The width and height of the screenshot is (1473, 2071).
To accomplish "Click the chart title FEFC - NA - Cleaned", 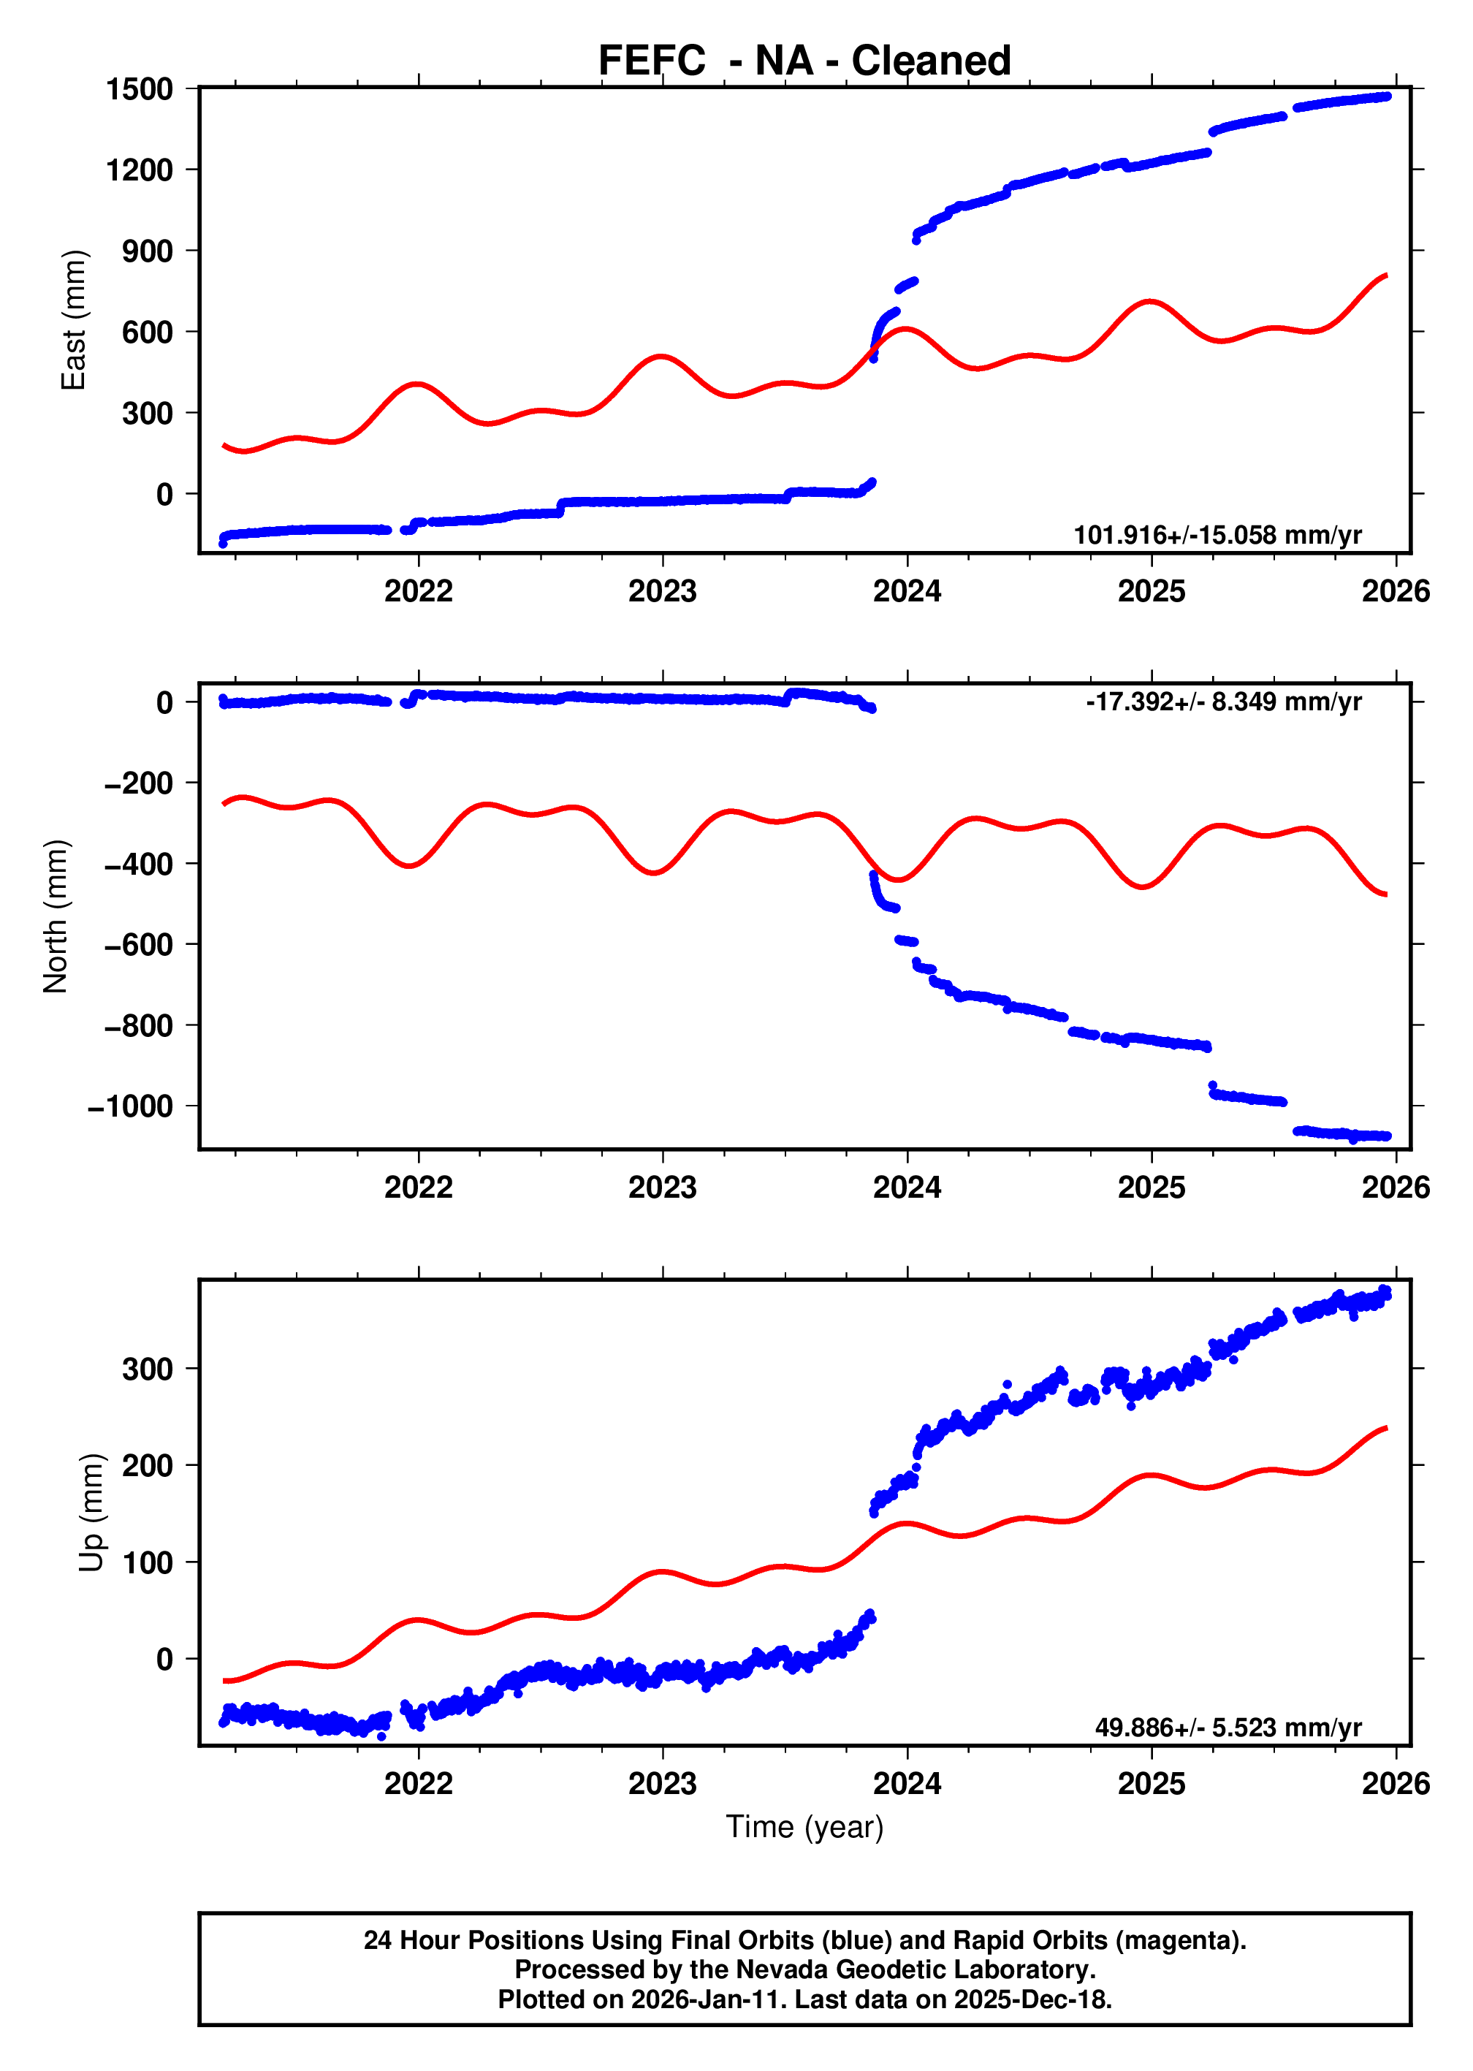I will [x=804, y=61].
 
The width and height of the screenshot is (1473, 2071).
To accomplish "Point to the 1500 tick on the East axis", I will [x=139, y=89].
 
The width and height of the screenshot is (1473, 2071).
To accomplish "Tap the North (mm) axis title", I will [x=56, y=916].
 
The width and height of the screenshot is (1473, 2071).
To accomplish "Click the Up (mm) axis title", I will [x=91, y=1512].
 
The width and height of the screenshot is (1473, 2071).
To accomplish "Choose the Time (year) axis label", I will [x=804, y=1826].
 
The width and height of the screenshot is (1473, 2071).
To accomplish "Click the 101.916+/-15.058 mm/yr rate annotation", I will [x=1217, y=535].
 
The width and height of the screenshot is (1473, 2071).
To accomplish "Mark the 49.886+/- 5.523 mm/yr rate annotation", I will [x=1227, y=1728].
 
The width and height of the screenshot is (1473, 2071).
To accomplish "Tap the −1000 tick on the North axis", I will [x=130, y=1106].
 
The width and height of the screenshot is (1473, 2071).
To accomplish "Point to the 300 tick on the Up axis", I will [x=147, y=1369].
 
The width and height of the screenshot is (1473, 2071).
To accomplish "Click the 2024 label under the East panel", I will [x=906, y=591].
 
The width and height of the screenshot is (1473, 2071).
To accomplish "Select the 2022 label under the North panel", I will [x=418, y=1187].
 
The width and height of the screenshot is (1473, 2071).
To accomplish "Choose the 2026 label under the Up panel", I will [x=1395, y=1783].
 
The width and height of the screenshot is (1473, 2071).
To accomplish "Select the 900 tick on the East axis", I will [x=147, y=251].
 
